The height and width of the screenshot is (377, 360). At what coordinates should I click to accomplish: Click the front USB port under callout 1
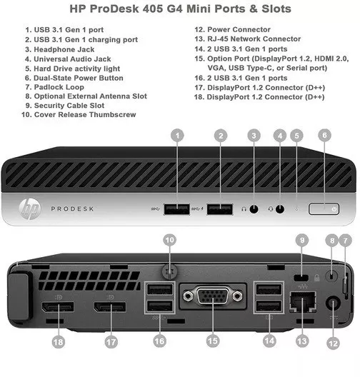coord(175,208)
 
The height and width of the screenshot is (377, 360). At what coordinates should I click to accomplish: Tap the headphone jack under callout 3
coord(254,208)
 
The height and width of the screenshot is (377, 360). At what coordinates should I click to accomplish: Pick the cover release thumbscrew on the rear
coord(169,269)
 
